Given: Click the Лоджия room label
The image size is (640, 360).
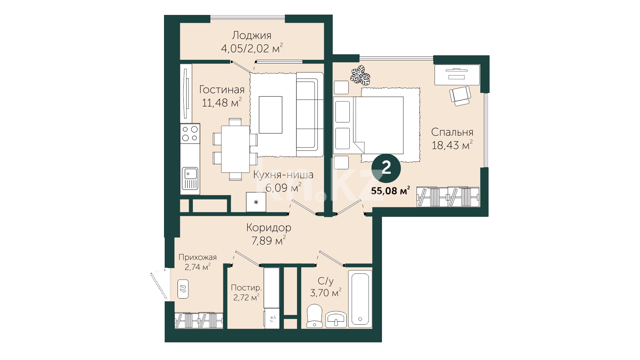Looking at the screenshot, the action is point(252,36).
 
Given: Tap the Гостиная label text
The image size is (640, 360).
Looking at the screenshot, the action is point(222,90).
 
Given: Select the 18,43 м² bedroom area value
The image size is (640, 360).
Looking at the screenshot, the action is point(452,145).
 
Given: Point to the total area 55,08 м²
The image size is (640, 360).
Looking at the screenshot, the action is point(390,191).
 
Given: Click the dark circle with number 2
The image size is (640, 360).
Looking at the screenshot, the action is point(386,168).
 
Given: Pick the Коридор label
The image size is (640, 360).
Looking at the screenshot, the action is point(269,228).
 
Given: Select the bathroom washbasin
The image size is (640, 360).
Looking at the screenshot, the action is point(336,319).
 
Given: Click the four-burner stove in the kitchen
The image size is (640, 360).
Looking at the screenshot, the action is point(190,133).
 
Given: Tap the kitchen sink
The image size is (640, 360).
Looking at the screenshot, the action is point(190,178).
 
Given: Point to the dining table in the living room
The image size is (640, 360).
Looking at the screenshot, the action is point(235,149).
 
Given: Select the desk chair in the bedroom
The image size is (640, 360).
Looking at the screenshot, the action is point(460,96).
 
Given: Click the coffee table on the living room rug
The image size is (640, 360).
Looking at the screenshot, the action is point(271,115).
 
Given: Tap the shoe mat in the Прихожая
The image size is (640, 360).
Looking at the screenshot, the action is point(183,289).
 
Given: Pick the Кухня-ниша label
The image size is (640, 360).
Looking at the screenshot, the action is point(284,175).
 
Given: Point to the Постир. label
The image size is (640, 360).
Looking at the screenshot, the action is point(246,288).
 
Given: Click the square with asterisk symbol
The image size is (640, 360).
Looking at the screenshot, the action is point(256,202).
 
